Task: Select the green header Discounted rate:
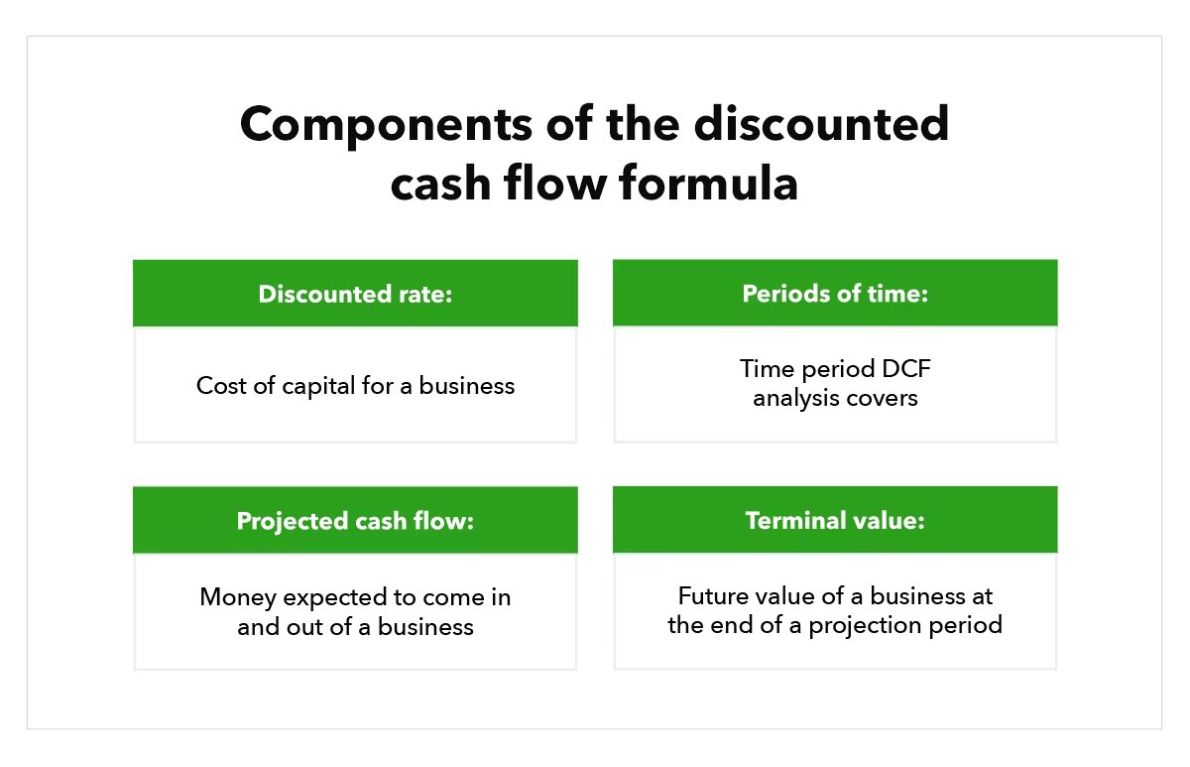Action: coord(355,294)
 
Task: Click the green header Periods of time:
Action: coord(835,294)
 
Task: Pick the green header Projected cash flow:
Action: coord(355,520)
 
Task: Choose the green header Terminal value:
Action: coord(835,520)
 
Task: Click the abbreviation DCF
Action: coord(901,370)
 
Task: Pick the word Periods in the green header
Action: coord(779,294)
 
